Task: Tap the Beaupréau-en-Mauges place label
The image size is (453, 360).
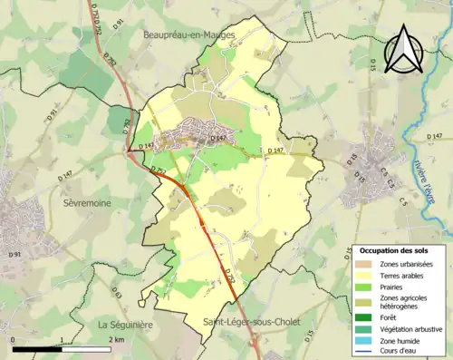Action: (189, 34)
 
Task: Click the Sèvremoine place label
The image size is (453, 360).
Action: (86, 203)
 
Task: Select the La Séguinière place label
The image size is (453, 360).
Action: (126, 324)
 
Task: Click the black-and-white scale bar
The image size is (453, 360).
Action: (62, 348)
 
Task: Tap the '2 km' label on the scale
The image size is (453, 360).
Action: (117, 339)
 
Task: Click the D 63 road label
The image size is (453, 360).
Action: (116, 293)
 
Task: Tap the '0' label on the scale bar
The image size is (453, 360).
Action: (14, 339)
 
